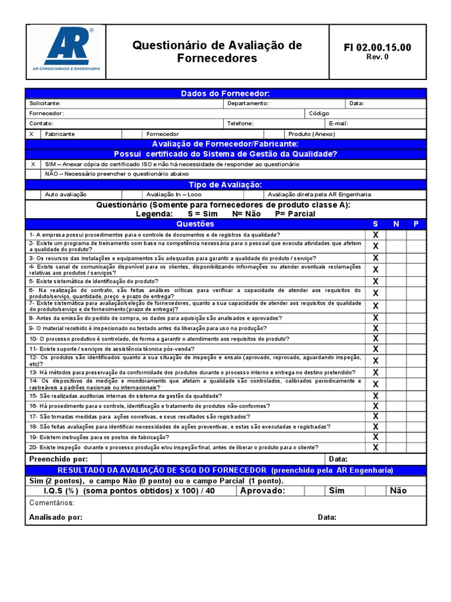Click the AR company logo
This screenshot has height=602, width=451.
[66, 49]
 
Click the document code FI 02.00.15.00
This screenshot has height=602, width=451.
[377, 48]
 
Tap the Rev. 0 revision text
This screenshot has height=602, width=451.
[377, 57]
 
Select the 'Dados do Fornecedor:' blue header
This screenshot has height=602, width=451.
[225, 93]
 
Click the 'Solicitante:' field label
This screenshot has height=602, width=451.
[45, 103]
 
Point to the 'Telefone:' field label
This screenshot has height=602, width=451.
[241, 123]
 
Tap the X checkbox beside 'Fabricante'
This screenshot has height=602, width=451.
[32, 134]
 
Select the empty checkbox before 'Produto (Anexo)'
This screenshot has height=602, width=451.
[274, 134]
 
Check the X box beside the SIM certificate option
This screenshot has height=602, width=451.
[32, 165]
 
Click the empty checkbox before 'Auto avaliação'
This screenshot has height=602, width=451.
[32, 195]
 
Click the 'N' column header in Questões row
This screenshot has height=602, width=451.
[396, 224]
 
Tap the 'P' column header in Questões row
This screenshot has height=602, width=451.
[416, 224]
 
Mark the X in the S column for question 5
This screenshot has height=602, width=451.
[376, 281]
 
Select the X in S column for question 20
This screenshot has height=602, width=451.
[376, 447]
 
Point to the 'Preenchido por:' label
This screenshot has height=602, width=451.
[58, 459]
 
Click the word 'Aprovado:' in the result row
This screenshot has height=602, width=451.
[262, 491]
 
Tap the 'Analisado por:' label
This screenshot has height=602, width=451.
[56, 517]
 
